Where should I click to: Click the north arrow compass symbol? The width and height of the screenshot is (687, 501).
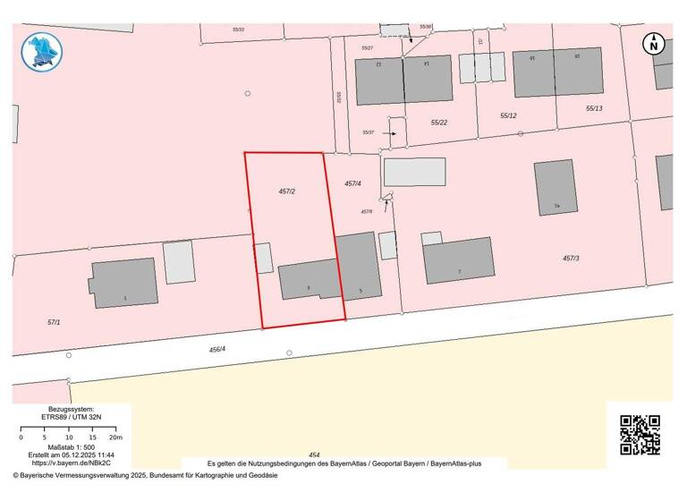click(654, 43)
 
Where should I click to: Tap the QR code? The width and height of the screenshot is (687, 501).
click(640, 435)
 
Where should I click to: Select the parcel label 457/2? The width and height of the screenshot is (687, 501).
click(287, 191)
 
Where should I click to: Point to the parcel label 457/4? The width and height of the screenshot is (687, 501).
click(352, 183)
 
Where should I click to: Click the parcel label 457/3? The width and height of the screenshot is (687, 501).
click(571, 258)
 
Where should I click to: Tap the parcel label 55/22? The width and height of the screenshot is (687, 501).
click(438, 123)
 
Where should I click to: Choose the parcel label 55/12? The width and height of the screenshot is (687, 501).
click(508, 115)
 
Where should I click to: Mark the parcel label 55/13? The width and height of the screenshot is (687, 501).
click(594, 108)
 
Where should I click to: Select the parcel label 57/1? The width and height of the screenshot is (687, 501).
click(53, 321)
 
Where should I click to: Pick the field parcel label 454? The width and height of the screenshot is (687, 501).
click(313, 454)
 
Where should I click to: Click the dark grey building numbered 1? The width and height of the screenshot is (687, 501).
click(125, 284)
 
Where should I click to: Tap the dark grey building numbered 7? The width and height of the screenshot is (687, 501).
click(458, 260)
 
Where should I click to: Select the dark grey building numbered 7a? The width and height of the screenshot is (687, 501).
click(556, 187)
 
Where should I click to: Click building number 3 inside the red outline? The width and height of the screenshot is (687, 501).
click(309, 281)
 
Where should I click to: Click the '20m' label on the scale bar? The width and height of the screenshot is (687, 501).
click(114, 438)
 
